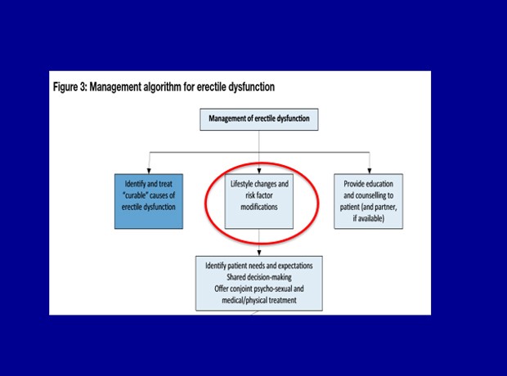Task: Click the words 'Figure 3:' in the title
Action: click(x=70, y=87)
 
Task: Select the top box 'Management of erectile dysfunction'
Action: click(x=259, y=119)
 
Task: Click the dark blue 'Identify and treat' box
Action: click(x=149, y=201)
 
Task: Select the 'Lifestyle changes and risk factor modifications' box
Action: click(x=259, y=201)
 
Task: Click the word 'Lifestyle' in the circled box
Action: click(x=242, y=184)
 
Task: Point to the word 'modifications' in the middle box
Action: click(x=259, y=207)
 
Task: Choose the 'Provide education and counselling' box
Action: click(x=368, y=201)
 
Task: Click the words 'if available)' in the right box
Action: click(x=369, y=218)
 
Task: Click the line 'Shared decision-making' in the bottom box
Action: click(x=259, y=277)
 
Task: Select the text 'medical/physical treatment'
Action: click(x=259, y=300)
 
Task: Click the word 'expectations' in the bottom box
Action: click(x=295, y=266)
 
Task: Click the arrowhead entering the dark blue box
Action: click(x=149, y=171)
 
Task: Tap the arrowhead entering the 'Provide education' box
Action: click(x=370, y=171)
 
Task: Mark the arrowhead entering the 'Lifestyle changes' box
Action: click(x=259, y=171)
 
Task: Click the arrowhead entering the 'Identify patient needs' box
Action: click(x=259, y=253)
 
